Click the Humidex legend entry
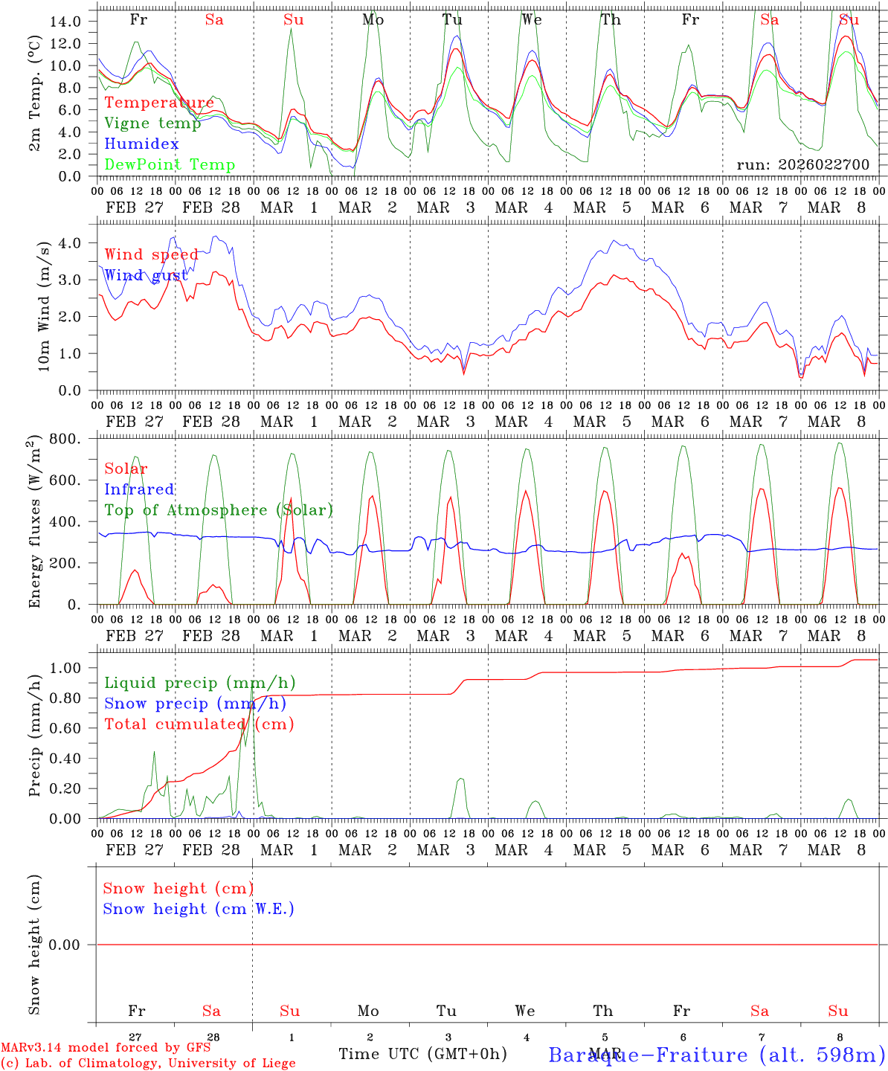coord(141,144)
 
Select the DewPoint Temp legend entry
coord(170,165)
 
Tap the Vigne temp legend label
coord(152,123)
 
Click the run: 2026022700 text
coord(802,165)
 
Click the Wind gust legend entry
coord(146,275)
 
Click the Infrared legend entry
coord(139,489)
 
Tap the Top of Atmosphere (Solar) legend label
coord(219,510)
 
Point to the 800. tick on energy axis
coord(65,439)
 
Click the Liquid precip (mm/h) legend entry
coord(199,683)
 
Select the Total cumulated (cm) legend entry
coord(199,724)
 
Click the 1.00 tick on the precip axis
coord(65,668)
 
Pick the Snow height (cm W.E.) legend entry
coord(199,909)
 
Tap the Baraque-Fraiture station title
coord(716,1055)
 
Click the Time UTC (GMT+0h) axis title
coord(422,1054)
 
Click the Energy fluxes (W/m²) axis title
coord(35,522)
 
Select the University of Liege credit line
coord(148,1063)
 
